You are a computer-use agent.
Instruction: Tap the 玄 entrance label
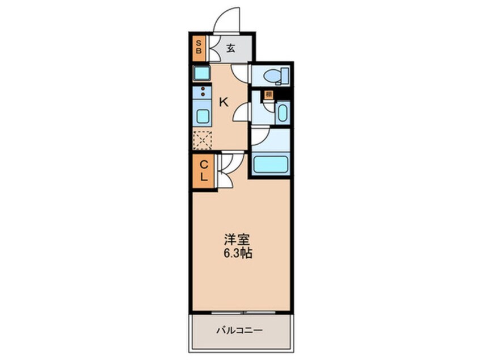pos(231,49)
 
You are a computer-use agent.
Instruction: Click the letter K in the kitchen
pos(224,102)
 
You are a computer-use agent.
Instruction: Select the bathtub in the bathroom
pos(270,164)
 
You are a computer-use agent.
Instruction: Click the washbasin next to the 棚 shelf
pos(282,112)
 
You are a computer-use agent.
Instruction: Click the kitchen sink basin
pos(202,116)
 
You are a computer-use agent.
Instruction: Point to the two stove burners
pos(202,91)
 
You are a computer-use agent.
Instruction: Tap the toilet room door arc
pos(242,73)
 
